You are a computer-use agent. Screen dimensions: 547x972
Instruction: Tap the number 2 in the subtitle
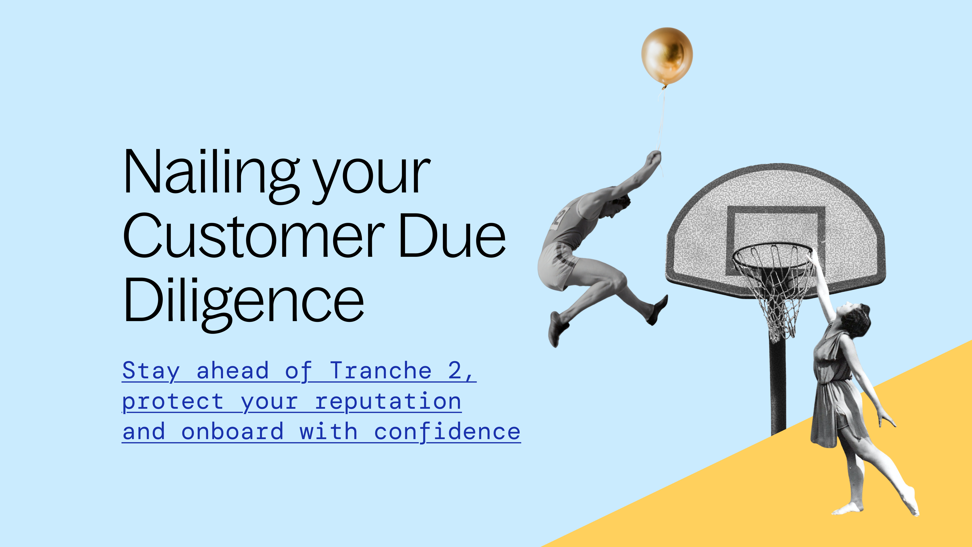coord(454,371)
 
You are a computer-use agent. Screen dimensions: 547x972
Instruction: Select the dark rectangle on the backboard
coord(775,211)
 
